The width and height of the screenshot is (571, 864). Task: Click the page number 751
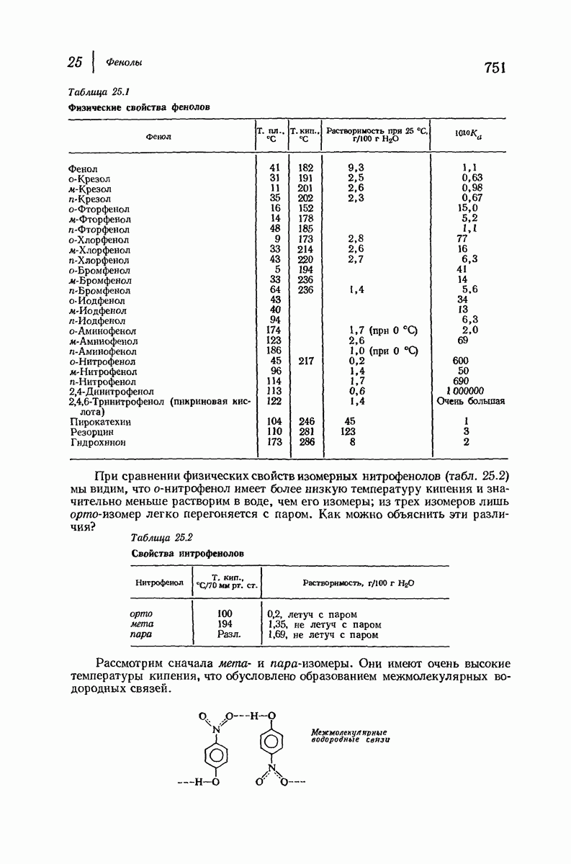pos(495,68)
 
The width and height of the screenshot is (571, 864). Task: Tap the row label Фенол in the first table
pos(84,168)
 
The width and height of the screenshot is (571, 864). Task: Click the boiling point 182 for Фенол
pos(305,168)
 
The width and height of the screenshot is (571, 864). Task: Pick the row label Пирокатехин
pos(99,421)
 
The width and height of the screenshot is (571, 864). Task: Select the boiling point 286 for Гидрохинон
pos(306,442)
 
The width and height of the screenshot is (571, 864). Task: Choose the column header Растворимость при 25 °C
pos(376,131)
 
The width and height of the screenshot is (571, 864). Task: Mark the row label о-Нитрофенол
pos(103,361)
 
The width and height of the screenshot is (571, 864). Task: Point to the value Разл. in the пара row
pos(228,635)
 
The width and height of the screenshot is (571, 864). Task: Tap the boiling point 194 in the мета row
pos(225,624)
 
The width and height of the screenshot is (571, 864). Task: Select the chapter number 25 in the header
pos(75,62)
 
